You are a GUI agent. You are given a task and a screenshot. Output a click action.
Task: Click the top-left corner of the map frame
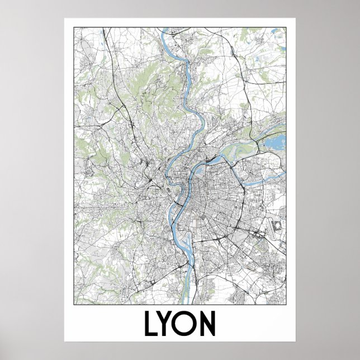(x=74, y=27)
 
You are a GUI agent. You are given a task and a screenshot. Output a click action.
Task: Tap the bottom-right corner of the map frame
(x=286, y=304)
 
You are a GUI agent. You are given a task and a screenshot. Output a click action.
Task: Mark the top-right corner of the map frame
(x=286, y=27)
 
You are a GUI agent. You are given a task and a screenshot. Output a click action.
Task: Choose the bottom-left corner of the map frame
(x=74, y=304)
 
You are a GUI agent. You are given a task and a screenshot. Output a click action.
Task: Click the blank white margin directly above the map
(x=180, y=22)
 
